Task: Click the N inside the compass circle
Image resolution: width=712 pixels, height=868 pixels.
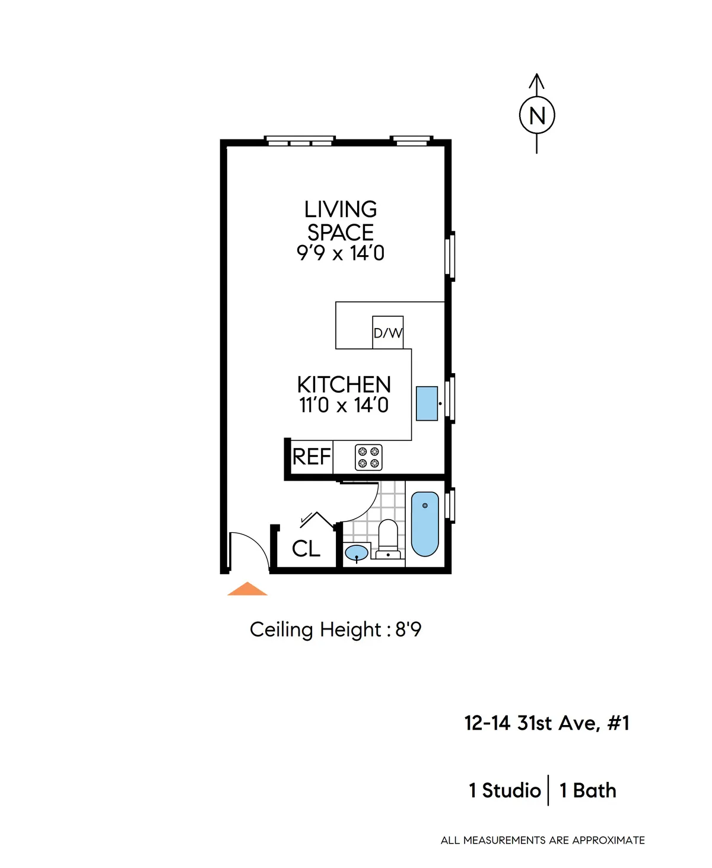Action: (x=537, y=115)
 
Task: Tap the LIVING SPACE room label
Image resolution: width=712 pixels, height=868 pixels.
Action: (x=341, y=221)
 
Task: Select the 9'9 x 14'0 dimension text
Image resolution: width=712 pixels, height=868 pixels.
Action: (x=341, y=253)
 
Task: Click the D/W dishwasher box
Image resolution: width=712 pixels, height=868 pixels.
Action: (x=387, y=333)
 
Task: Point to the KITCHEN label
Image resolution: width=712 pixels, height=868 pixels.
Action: (x=344, y=384)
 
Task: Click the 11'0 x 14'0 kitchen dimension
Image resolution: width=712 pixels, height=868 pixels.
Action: (x=344, y=406)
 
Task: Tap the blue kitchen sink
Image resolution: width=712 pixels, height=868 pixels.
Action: (x=427, y=403)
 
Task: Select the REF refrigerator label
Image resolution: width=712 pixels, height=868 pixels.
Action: (x=311, y=457)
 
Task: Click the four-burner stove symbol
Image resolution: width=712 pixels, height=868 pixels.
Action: (x=368, y=457)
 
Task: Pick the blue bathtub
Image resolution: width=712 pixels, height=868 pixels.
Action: (x=425, y=524)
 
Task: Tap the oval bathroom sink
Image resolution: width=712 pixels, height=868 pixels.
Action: (x=356, y=552)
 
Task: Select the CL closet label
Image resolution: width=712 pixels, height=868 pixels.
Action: (x=306, y=549)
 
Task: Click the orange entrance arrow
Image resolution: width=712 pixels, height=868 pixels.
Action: (x=247, y=590)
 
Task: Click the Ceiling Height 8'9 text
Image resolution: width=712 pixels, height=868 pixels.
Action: (x=335, y=629)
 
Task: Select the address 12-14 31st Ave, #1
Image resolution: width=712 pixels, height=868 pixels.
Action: (x=546, y=723)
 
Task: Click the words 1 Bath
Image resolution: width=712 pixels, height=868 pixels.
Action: (x=587, y=791)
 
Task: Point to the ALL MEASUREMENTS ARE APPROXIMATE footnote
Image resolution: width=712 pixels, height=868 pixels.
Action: (x=542, y=840)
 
